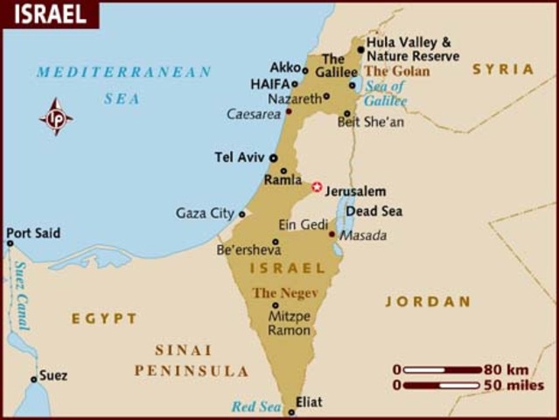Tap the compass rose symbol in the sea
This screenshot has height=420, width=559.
click(x=56, y=117)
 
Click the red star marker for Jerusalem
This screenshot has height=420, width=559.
click(x=317, y=186)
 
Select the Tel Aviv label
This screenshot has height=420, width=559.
click(x=239, y=158)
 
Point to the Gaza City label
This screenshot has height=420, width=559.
click(x=205, y=213)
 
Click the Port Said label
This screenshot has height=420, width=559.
click(x=33, y=233)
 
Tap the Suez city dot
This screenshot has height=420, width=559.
click(x=34, y=379)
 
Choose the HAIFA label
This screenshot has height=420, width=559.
click(x=270, y=85)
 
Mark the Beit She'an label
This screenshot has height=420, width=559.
click(x=371, y=122)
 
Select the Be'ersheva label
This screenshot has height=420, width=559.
click(x=245, y=249)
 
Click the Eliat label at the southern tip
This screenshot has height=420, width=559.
click(x=309, y=402)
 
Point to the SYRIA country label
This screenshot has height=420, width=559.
click(x=503, y=69)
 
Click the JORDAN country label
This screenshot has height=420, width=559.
click(x=428, y=302)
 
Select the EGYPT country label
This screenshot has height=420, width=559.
click(x=104, y=318)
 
